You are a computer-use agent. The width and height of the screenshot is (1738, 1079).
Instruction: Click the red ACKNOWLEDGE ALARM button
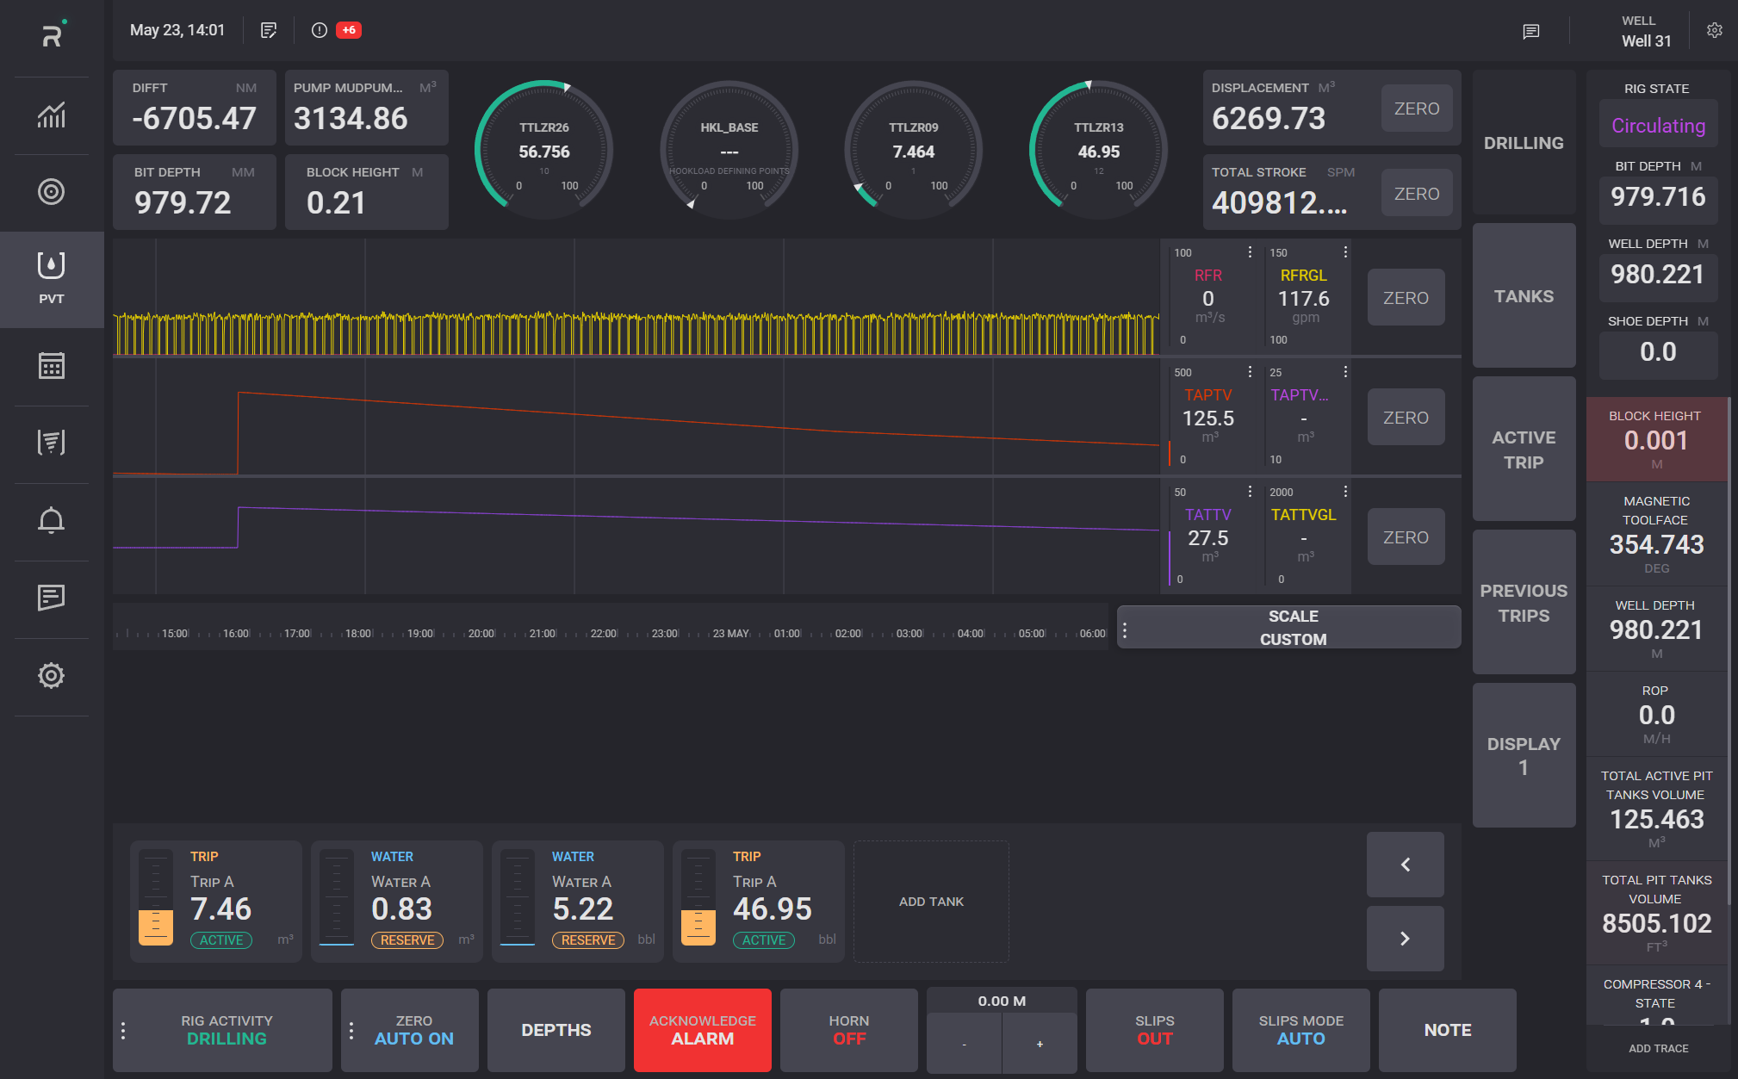click(x=702, y=1030)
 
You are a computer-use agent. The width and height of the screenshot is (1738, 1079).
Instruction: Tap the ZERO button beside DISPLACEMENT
click(x=1416, y=109)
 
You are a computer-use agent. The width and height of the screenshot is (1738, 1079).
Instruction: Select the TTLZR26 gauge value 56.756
click(x=544, y=152)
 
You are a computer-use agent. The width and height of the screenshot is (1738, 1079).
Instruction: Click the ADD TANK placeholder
click(x=931, y=902)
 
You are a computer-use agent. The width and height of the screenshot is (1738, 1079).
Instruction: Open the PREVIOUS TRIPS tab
click(x=1524, y=603)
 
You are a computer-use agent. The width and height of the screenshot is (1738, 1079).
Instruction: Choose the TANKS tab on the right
click(x=1524, y=296)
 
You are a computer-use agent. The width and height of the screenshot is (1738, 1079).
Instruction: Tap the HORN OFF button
click(x=848, y=1030)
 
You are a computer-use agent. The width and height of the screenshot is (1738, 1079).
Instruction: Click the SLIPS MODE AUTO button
click(x=1300, y=1030)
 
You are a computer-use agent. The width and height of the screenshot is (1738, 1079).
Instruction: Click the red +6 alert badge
click(x=349, y=30)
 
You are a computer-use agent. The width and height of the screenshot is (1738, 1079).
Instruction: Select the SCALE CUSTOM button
click(x=1292, y=628)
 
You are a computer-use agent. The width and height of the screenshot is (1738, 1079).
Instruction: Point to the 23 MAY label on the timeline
click(x=730, y=634)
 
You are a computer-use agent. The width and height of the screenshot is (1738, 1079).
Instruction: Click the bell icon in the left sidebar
click(x=52, y=520)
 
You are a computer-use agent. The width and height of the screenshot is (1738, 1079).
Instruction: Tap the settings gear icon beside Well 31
click(x=1715, y=30)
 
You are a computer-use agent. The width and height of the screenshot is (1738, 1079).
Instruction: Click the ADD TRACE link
click(x=1658, y=1048)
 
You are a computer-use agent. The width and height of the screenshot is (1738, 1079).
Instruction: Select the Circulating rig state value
click(x=1658, y=126)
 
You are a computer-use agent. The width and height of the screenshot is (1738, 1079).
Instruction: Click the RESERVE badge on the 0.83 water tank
click(x=407, y=940)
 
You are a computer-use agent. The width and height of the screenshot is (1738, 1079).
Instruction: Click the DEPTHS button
click(x=556, y=1030)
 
